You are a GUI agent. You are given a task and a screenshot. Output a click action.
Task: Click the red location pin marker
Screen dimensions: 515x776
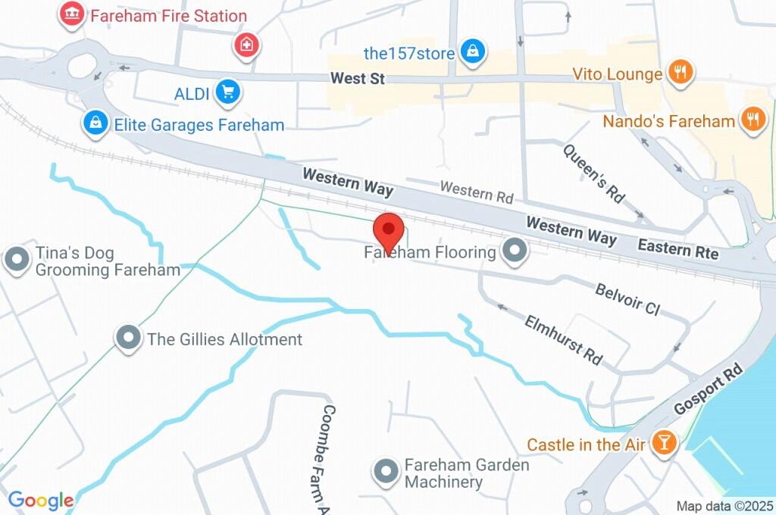tap(389, 229)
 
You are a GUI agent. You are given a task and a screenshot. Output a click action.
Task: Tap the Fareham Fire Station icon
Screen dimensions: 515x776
tap(72, 14)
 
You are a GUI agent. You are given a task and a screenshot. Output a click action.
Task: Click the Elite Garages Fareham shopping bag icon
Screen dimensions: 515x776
tap(95, 123)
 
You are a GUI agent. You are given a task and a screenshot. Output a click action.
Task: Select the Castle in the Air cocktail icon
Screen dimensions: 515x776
tap(665, 444)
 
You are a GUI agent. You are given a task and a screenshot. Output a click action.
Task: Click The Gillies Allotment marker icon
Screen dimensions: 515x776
tap(128, 338)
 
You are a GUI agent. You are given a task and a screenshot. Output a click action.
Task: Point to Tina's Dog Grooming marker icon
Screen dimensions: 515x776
tap(16, 261)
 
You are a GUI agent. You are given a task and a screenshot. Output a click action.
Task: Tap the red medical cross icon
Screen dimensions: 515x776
tap(246, 46)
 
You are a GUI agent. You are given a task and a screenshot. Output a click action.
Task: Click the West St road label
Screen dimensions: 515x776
tap(358, 79)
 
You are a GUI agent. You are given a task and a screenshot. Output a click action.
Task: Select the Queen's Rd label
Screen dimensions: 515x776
tap(594, 173)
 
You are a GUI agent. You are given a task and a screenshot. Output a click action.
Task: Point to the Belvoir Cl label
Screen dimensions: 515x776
tap(627, 299)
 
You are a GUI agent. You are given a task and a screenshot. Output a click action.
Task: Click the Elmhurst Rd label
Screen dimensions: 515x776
tap(563, 339)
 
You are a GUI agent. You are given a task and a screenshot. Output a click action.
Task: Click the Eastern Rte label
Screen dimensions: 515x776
tap(677, 250)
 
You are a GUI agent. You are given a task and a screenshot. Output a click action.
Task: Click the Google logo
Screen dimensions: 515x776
tap(41, 500)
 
